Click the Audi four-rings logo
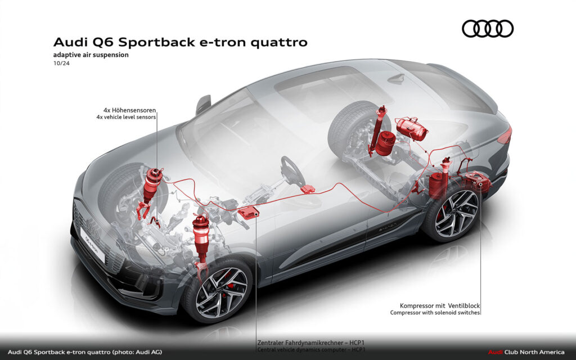[x=488, y=29]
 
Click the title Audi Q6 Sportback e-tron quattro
[x=181, y=43]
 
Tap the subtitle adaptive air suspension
[x=91, y=55]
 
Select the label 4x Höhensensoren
[x=130, y=110]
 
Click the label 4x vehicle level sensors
[x=126, y=118]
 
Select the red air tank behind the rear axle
[x=412, y=129]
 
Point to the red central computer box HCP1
[x=247, y=213]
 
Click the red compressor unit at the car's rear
[x=475, y=182]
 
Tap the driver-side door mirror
[x=203, y=105]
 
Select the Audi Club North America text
[x=528, y=352]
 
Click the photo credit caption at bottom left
[x=85, y=352]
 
